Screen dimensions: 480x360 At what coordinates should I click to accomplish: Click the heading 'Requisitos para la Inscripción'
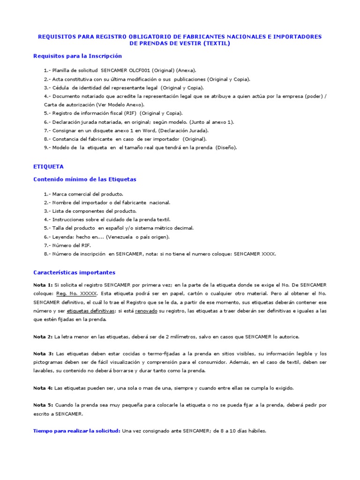(77, 56)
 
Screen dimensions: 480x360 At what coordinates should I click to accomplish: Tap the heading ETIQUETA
(49, 166)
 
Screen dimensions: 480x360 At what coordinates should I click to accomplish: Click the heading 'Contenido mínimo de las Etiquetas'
(85, 180)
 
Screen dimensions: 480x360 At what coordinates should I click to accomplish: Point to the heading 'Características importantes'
(74, 273)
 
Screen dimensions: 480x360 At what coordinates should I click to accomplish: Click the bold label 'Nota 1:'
(43, 285)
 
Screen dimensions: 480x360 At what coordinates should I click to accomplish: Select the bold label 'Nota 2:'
(43, 337)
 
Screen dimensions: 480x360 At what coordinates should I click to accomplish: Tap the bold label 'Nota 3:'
(43, 354)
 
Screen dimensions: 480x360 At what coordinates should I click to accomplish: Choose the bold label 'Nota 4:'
(43, 388)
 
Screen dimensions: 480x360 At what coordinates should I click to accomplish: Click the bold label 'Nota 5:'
(43, 405)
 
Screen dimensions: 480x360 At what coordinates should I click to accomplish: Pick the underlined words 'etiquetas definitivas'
(90, 311)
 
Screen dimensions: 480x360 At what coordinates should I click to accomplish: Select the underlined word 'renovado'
(146, 311)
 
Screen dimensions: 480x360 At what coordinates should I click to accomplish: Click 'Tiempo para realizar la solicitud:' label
(77, 431)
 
